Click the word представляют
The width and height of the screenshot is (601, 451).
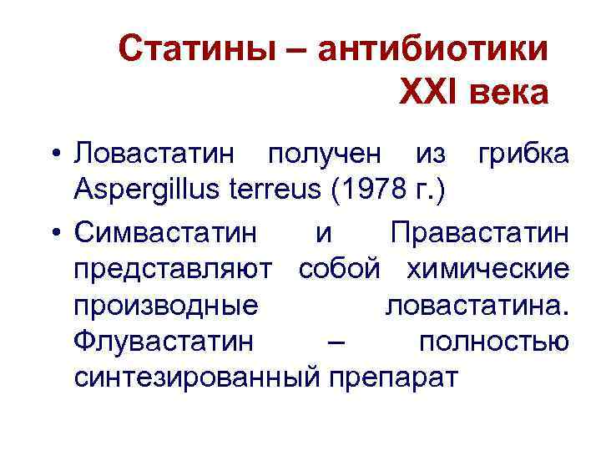173,269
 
